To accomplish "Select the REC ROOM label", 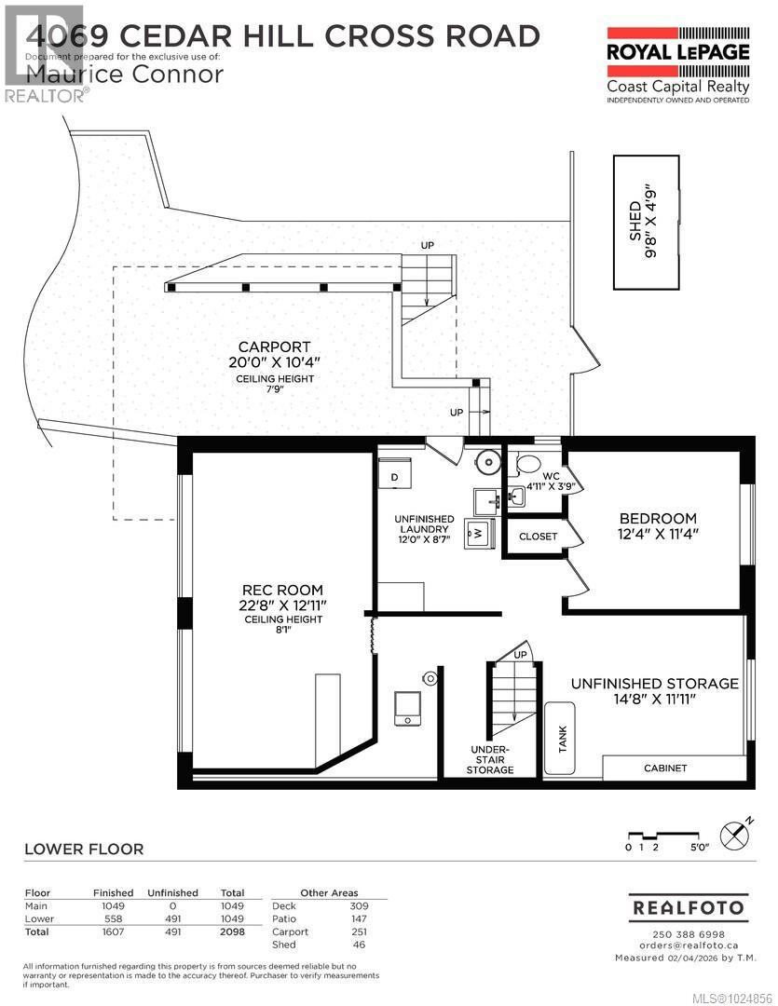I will [x=282, y=590].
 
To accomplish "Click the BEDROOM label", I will [x=659, y=519].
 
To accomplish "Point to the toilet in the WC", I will [x=528, y=464].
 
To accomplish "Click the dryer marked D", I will [x=395, y=475].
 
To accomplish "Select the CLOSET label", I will [x=538, y=537].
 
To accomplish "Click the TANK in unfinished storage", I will [x=562, y=739].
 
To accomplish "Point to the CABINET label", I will [x=665, y=768].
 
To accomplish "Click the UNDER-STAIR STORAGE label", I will [x=490, y=759].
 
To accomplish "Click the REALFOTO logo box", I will [x=689, y=906].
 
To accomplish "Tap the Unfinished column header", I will [x=172, y=892].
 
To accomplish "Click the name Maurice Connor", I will [x=125, y=74].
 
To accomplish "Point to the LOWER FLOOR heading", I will [x=84, y=849].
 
